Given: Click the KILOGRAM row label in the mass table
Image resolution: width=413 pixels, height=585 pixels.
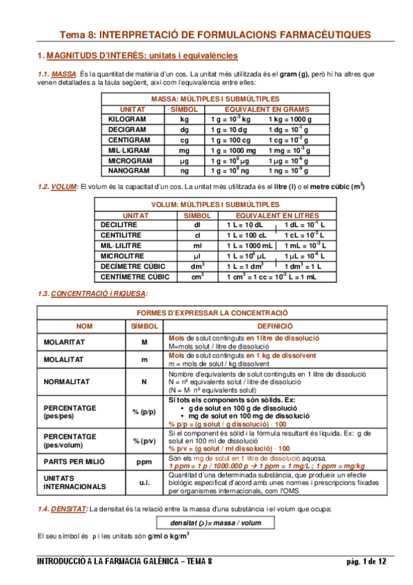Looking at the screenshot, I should point(127,119).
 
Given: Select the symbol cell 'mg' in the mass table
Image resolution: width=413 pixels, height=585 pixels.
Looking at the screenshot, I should point(184,150).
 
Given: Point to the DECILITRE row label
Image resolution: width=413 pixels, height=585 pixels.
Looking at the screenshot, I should point(119,225).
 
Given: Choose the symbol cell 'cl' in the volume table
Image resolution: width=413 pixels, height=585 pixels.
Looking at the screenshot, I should point(197,235).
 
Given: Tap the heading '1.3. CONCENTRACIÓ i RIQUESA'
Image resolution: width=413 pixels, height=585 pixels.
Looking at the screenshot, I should point(91,294).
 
